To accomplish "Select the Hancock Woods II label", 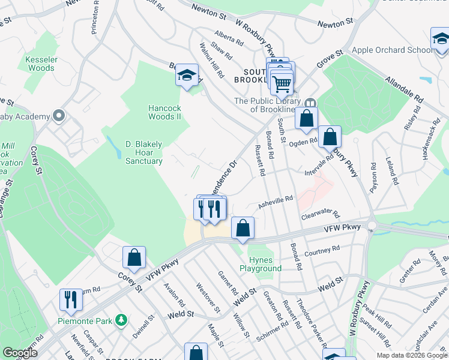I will (x=164, y=112).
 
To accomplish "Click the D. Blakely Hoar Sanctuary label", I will (x=143, y=152).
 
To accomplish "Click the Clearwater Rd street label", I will (x=321, y=215).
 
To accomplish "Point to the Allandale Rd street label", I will (x=405, y=88).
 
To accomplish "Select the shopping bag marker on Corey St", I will (x=134, y=257).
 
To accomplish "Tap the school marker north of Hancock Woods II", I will (x=187, y=76).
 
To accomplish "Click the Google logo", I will (x=20, y=353).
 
